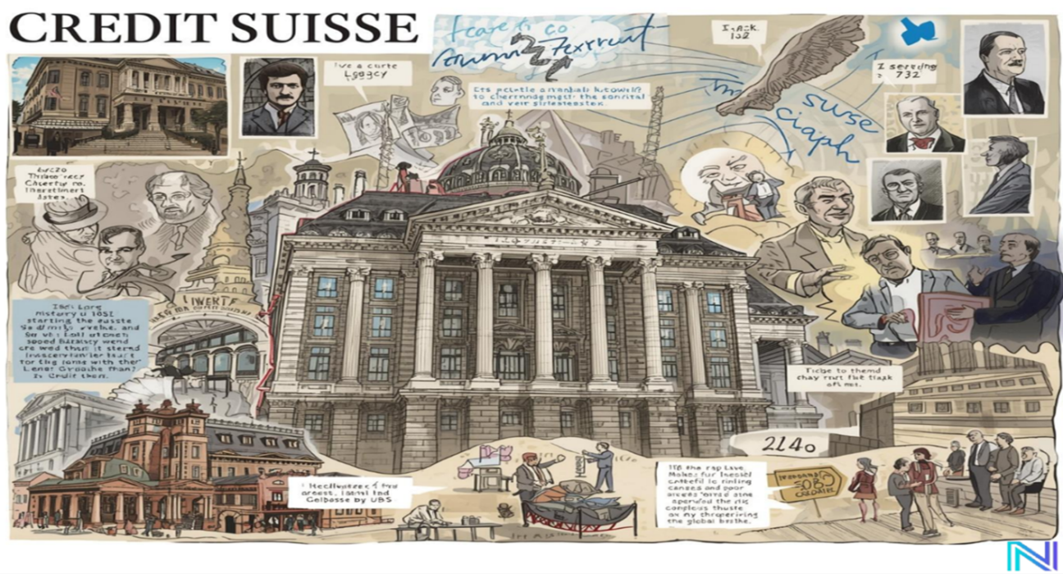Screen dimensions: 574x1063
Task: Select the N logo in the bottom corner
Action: click(1032, 555)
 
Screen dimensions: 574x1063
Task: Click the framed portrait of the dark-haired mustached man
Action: click(278, 97)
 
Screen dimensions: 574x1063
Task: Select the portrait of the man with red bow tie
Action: click(925, 124)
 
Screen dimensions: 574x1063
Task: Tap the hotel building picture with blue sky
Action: click(120, 105)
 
